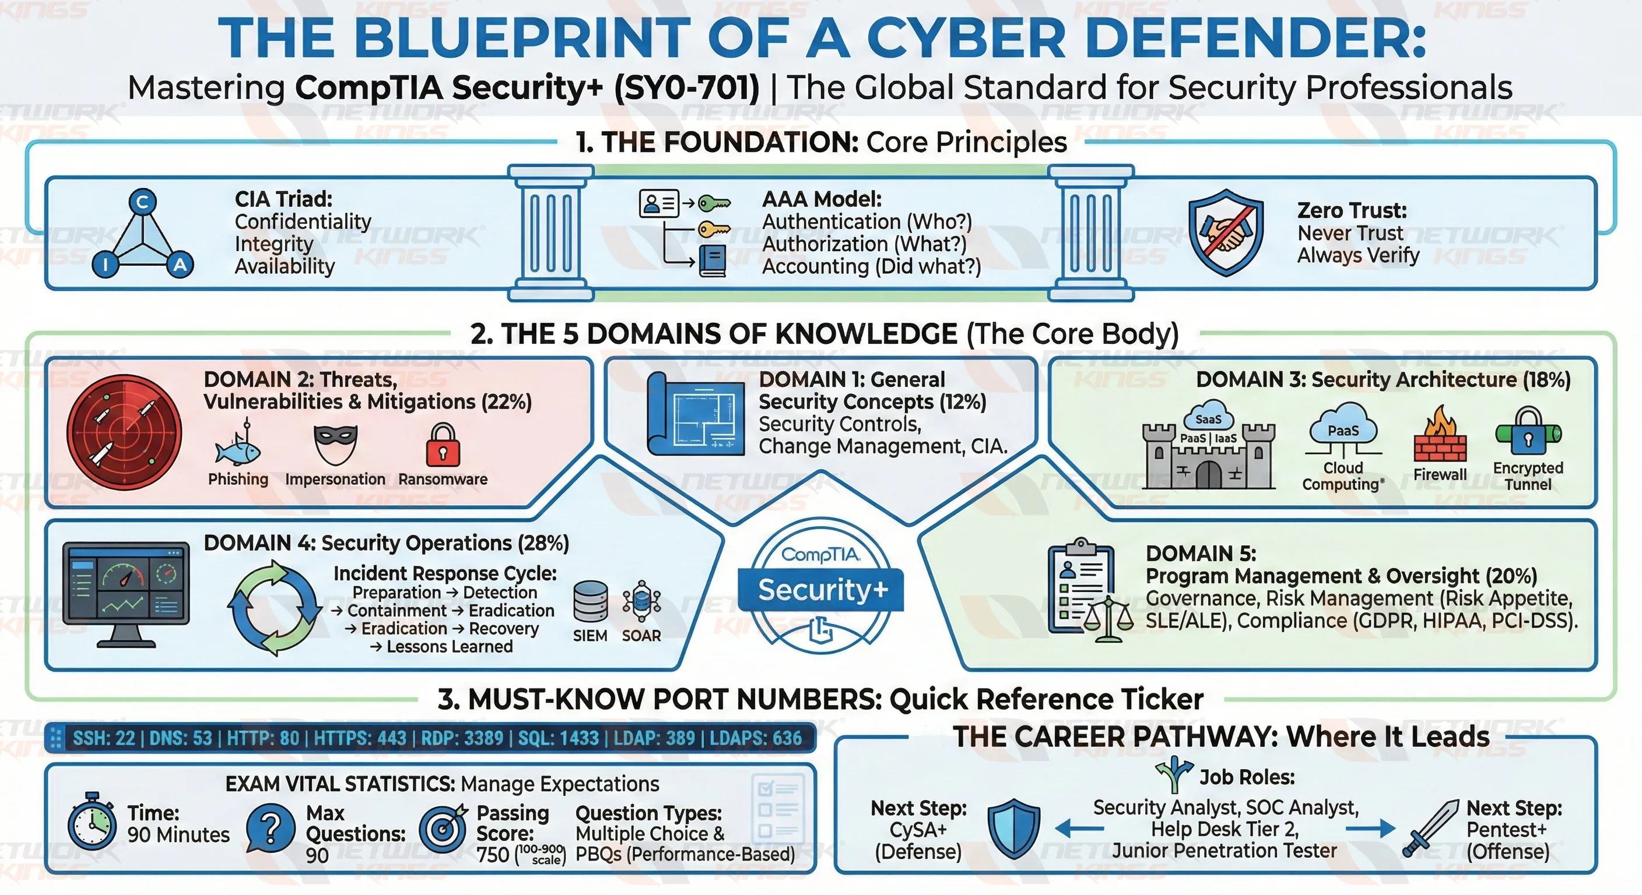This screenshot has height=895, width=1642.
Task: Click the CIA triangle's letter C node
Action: tap(142, 202)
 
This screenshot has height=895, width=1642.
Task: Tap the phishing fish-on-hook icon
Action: tap(238, 445)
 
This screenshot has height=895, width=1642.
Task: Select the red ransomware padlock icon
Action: tap(443, 445)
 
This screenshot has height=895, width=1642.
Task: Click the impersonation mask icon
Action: tap(335, 444)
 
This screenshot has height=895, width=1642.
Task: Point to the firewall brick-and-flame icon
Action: tap(1440, 435)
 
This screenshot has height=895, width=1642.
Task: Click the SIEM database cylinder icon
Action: tap(590, 601)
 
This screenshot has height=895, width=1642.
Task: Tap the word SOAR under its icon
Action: tap(641, 636)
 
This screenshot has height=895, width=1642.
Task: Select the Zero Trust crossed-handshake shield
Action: tap(1226, 232)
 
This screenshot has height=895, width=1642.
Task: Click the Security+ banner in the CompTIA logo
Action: tap(822, 590)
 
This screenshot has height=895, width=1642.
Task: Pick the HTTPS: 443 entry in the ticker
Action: tap(360, 738)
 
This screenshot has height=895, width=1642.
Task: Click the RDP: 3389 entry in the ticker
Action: tap(462, 738)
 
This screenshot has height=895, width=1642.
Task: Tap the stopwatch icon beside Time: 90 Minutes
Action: tap(93, 824)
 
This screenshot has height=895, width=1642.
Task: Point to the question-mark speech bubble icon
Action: tap(271, 827)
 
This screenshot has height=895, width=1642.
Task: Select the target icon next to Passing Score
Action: tap(443, 829)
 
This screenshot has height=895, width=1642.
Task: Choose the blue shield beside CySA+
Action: tap(1013, 829)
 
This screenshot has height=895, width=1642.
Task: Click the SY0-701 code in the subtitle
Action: tap(686, 87)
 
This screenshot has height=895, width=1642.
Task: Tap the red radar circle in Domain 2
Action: tap(124, 432)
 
